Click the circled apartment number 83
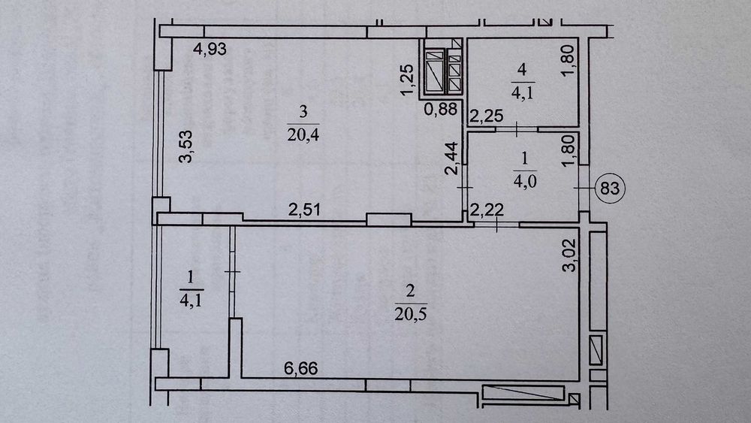pyautogui.click(x=610, y=189)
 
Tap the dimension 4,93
pyautogui.click(x=210, y=49)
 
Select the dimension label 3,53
pyautogui.click(x=185, y=147)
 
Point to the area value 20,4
pyautogui.click(x=303, y=135)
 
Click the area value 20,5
pyautogui.click(x=411, y=314)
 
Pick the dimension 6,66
pyautogui.click(x=301, y=368)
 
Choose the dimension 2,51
pyautogui.click(x=304, y=210)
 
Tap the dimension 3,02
pyautogui.click(x=569, y=255)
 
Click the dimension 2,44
pyautogui.click(x=452, y=159)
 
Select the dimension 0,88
pyautogui.click(x=441, y=110)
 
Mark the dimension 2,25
pyautogui.click(x=487, y=116)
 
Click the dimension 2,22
pyautogui.click(x=486, y=210)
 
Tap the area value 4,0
pyautogui.click(x=525, y=182)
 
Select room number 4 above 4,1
pyautogui.click(x=522, y=69)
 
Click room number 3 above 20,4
pyautogui.click(x=303, y=112)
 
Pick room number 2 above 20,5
pyautogui.click(x=411, y=291)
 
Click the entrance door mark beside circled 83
pyautogui.click(x=584, y=189)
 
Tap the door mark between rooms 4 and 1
pyautogui.click(x=517, y=129)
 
